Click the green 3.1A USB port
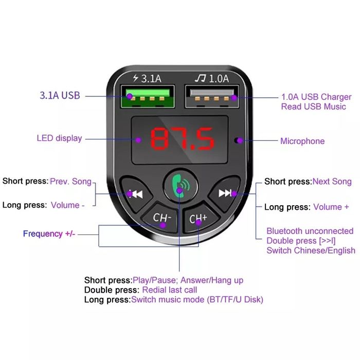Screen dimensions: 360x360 click(x=148, y=97)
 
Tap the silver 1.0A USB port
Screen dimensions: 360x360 click(x=212, y=97)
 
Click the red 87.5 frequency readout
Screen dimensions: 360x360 click(x=182, y=138)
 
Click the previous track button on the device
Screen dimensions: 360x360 click(x=135, y=193)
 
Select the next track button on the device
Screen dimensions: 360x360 click(x=225, y=193)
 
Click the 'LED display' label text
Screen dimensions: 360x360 click(x=59, y=138)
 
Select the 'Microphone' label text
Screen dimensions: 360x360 click(x=302, y=141)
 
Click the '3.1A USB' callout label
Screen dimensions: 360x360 click(x=60, y=96)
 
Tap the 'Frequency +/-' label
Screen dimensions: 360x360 click(x=49, y=233)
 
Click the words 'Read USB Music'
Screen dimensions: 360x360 click(x=313, y=106)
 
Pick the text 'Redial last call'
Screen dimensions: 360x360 click(x=169, y=290)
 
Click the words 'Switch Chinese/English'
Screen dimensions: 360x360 click(x=311, y=250)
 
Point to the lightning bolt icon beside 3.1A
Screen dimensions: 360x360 click(x=136, y=78)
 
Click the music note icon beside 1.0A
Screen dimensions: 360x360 click(x=201, y=78)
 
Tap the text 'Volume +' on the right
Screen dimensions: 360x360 click(x=331, y=207)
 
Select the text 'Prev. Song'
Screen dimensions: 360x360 click(x=71, y=182)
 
